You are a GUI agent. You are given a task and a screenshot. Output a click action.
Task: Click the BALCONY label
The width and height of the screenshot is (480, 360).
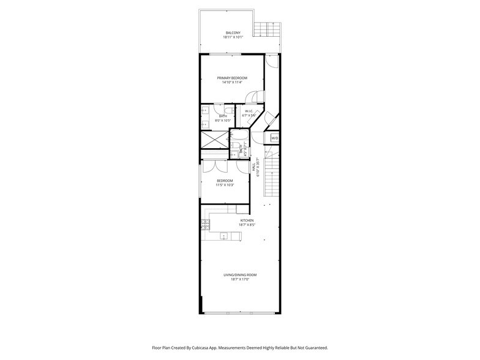point(233,32)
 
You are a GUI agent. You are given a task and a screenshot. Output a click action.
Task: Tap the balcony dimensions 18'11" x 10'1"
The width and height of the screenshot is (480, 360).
point(233,37)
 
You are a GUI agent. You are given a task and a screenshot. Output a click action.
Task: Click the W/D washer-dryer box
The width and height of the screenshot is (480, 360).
point(275,138)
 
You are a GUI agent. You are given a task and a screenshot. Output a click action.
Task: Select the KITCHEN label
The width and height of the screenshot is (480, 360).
point(247,220)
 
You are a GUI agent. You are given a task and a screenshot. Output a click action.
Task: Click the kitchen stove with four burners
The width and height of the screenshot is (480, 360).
point(206,225)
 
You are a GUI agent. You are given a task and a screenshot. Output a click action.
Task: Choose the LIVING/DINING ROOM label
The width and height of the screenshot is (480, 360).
point(240,275)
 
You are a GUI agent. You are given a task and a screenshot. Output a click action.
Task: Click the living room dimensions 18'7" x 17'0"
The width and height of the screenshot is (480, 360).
point(240,280)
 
